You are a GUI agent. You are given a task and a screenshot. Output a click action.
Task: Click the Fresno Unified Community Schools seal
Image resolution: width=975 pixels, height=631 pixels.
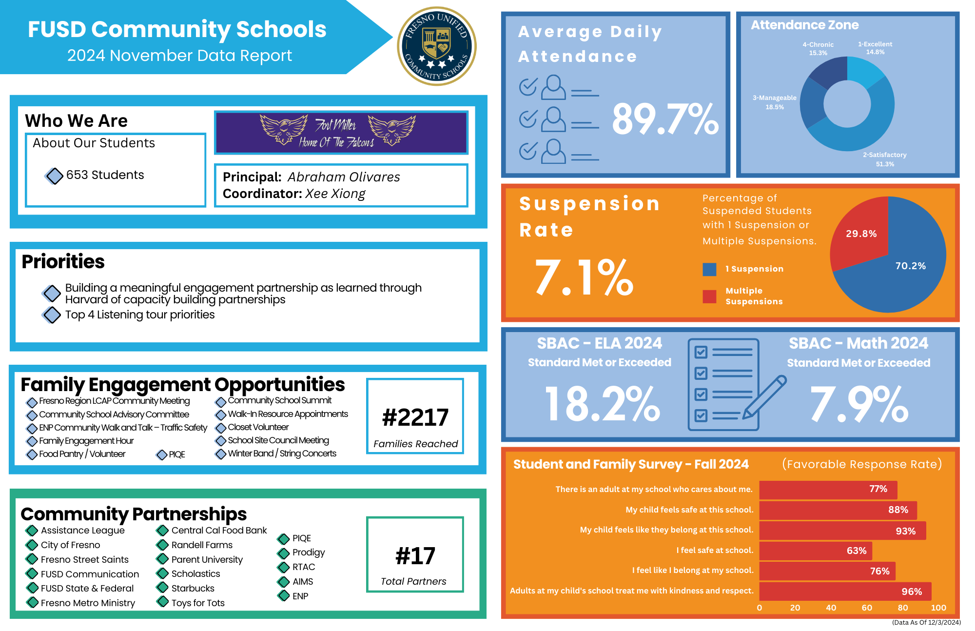pyautogui.click(x=437, y=46)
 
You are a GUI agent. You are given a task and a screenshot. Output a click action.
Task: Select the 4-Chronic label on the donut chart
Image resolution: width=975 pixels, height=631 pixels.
pyautogui.click(x=818, y=48)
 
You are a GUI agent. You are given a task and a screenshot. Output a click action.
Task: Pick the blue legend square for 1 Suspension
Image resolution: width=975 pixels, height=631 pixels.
pyautogui.click(x=709, y=269)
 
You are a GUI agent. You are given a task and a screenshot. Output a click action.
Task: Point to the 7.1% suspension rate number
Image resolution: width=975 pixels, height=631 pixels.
pyautogui.click(x=584, y=277)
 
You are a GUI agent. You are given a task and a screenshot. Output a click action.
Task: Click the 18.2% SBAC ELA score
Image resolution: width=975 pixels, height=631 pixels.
pyautogui.click(x=602, y=404)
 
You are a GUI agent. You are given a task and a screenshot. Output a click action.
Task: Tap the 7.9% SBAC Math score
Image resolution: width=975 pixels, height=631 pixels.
pyautogui.click(x=859, y=404)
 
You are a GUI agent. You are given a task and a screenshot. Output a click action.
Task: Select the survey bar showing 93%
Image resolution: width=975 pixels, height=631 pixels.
pyautogui.click(x=842, y=531)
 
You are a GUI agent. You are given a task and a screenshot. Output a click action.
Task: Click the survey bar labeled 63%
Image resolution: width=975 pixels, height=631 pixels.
pyautogui.click(x=816, y=551)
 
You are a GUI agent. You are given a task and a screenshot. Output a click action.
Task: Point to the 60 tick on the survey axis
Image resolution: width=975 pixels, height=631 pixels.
pyautogui.click(x=867, y=608)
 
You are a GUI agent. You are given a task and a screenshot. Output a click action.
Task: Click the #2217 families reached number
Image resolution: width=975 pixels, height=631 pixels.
pyautogui.click(x=415, y=417)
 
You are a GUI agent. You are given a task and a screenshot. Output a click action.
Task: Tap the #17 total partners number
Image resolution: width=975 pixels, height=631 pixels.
pyautogui.click(x=415, y=556)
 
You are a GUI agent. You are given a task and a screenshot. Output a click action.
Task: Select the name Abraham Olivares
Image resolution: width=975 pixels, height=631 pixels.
pyautogui.click(x=344, y=177)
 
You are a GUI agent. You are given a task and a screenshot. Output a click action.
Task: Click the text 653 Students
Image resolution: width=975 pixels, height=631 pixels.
pyautogui.click(x=105, y=175)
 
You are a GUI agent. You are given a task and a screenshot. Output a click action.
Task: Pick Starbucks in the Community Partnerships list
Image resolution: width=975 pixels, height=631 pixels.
pyautogui.click(x=193, y=589)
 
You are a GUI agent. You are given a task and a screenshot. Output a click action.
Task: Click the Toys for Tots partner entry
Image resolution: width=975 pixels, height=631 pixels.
pyautogui.click(x=198, y=603)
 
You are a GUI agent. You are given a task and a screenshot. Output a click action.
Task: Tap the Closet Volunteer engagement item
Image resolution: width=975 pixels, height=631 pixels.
pyautogui.click(x=258, y=427)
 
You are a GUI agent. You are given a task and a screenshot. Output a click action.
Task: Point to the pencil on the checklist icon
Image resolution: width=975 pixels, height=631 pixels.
pyautogui.click(x=764, y=397)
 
